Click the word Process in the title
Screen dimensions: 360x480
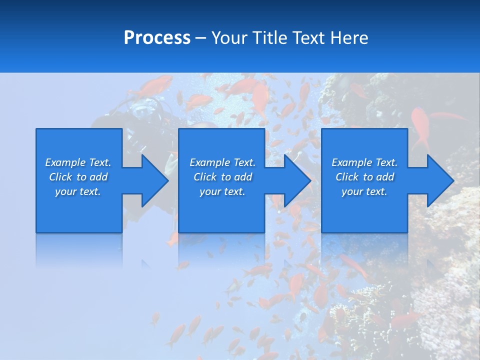[157, 38]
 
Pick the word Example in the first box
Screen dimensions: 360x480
[65, 162]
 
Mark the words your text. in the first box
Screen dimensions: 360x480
[78, 191]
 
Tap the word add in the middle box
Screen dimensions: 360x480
[243, 177]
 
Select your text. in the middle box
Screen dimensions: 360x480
[222, 191]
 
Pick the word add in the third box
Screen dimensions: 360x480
[385, 177]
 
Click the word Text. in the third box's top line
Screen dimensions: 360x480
[386, 162]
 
